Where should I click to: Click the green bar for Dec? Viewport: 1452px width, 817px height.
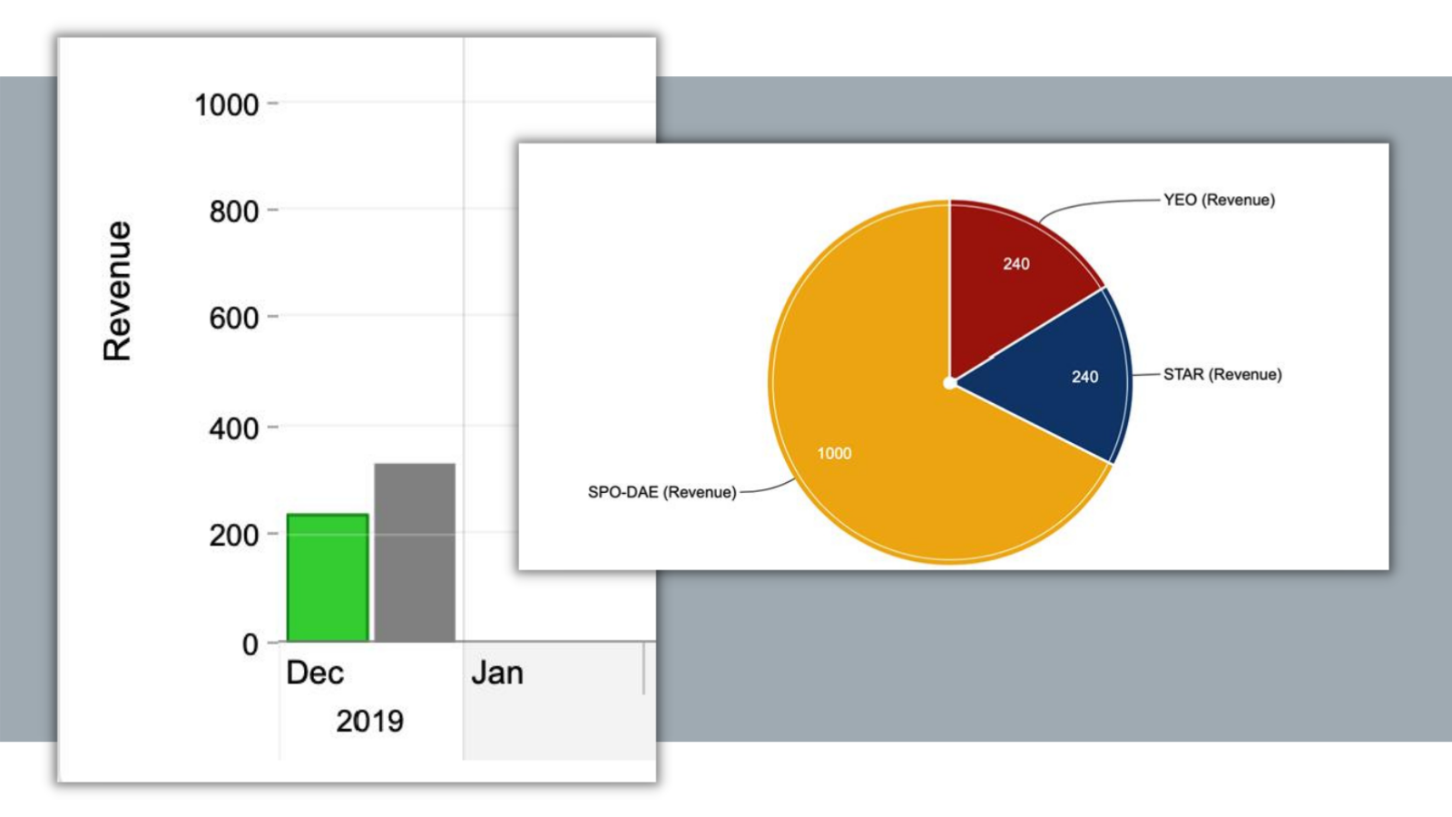click(328, 577)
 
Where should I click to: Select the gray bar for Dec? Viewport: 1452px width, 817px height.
click(415, 552)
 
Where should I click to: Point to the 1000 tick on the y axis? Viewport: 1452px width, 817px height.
click(227, 104)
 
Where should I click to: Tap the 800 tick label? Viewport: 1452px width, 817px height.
click(233, 212)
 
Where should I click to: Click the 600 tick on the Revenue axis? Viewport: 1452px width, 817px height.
click(233, 318)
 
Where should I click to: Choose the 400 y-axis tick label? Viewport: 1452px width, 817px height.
click(233, 428)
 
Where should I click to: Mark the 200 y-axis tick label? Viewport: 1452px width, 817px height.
click(233, 535)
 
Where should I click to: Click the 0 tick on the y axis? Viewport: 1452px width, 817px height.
click(250, 644)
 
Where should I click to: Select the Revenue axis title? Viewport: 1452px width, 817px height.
click(117, 290)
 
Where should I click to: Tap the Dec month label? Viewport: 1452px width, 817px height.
click(315, 673)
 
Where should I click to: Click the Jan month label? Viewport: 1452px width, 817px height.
click(496, 673)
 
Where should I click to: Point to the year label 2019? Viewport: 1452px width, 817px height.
click(369, 721)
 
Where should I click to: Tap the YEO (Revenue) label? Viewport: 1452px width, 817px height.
click(1219, 200)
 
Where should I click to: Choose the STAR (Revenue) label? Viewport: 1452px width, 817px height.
click(1222, 374)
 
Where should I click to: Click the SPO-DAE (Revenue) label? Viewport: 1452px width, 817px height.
click(662, 492)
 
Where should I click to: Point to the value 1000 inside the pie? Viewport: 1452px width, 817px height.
click(834, 453)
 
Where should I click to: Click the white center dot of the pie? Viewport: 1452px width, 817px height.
click(949, 383)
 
